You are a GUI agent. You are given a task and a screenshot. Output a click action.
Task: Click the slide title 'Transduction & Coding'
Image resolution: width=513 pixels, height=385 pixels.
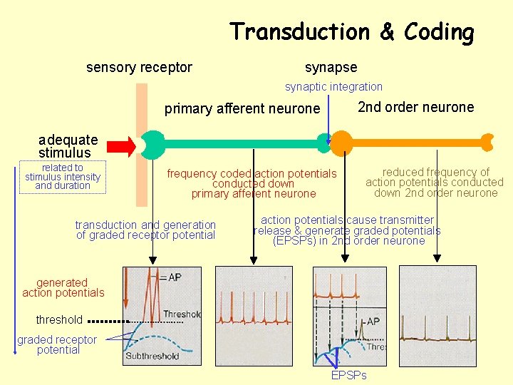tap(351, 32)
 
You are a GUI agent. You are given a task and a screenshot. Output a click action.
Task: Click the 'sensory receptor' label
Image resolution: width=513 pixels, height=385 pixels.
tap(139, 68)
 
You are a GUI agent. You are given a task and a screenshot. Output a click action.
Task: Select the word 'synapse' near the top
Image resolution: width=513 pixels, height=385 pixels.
tap(331, 68)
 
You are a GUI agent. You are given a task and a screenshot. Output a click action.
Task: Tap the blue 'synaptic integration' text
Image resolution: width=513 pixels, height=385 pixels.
tap(333, 87)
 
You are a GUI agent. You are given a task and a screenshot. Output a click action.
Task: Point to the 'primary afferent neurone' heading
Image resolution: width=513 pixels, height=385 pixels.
tap(242, 108)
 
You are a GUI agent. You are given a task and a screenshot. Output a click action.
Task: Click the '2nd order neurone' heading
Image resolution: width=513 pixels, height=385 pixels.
tap(415, 108)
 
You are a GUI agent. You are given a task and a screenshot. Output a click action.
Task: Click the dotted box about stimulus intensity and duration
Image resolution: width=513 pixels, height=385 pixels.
tap(63, 177)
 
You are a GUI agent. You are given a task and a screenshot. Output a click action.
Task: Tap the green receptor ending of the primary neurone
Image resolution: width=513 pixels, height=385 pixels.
tap(152, 144)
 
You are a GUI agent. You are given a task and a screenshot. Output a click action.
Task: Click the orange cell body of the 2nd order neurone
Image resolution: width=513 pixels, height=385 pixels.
tap(341, 142)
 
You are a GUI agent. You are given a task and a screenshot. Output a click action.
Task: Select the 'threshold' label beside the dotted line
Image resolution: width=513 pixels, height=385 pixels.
tap(59, 319)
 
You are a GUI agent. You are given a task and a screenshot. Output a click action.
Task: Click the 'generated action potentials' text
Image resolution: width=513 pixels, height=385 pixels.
tap(63, 288)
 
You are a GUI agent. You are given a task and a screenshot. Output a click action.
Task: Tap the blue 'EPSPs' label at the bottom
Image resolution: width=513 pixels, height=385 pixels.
tap(348, 375)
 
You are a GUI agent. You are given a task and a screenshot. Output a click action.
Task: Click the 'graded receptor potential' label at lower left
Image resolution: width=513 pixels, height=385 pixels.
tap(58, 344)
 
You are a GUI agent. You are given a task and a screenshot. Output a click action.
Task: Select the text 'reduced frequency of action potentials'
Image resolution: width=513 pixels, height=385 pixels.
tap(435, 178)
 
